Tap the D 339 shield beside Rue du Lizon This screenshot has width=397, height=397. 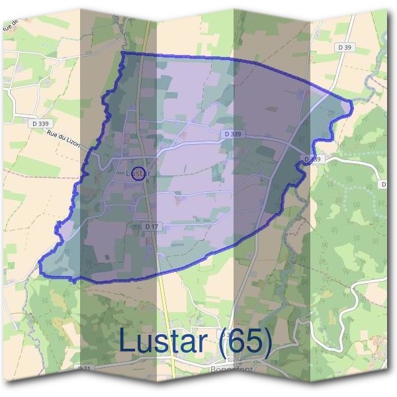pos(40,123)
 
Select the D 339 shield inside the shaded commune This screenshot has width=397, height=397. pos(232,134)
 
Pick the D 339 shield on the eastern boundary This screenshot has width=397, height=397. pos(312,159)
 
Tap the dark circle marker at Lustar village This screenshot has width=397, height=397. pos(138,175)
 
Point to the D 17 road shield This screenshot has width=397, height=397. pos(152,226)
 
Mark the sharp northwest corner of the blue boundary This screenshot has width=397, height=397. pos(123,52)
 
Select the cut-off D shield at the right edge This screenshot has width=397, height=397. pos(384,184)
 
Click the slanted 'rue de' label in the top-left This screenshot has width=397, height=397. pos(12,27)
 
